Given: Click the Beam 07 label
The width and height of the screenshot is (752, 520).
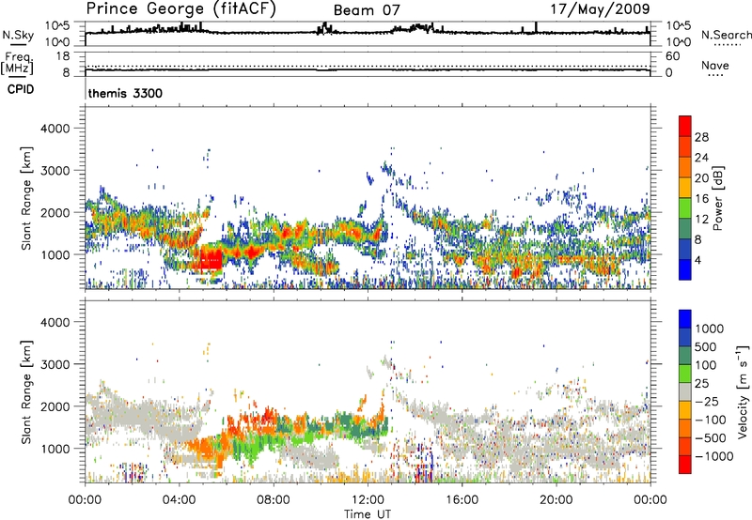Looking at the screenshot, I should [x=365, y=11].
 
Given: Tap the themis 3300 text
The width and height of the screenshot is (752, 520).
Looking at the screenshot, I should [x=120, y=94].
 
